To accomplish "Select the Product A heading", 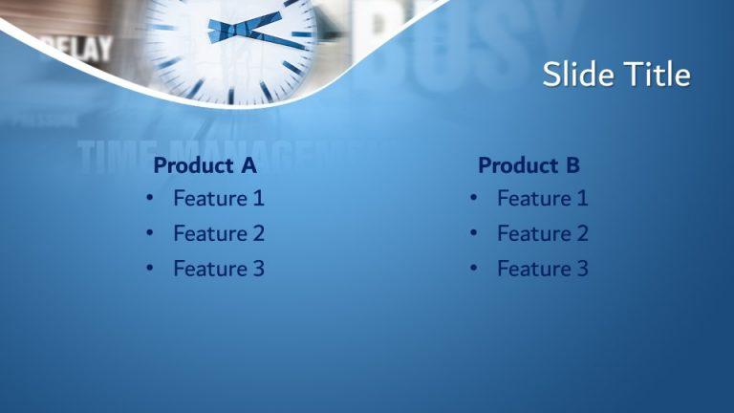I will tap(205, 165).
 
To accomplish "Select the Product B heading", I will tap(529, 165).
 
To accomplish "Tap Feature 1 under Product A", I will tap(218, 199).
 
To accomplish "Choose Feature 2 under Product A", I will tap(218, 233).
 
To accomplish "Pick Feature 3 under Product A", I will tap(218, 269).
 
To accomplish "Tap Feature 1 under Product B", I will tap(542, 199).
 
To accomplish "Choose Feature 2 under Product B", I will tap(542, 233).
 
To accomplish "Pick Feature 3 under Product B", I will tap(542, 269).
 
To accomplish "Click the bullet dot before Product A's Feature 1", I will tap(150, 199).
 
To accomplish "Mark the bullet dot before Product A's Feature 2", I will tap(150, 234).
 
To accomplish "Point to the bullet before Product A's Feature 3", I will tap(150, 269).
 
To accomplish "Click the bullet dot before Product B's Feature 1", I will tap(474, 199).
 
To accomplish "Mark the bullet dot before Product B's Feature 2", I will tap(474, 234).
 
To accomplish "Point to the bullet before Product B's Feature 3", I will tap(474, 269).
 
